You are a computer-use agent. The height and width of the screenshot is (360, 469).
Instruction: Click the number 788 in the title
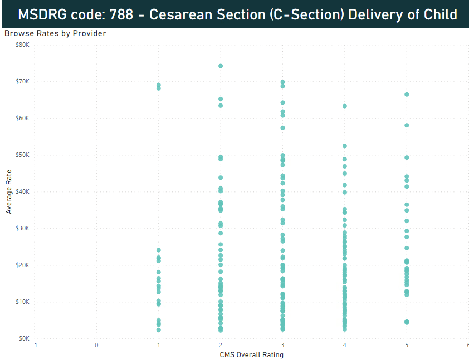click(x=121, y=14)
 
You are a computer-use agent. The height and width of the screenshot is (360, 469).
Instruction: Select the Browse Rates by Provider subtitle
click(x=55, y=33)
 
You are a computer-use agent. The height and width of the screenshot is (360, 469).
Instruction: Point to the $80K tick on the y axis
click(x=23, y=45)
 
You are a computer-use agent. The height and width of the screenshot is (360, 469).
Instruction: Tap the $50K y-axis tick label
click(x=23, y=155)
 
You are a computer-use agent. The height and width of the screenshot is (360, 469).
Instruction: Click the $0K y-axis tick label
click(x=24, y=338)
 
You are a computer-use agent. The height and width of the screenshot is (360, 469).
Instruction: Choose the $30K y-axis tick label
click(x=23, y=228)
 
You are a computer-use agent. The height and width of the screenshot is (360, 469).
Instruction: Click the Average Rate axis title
click(x=9, y=191)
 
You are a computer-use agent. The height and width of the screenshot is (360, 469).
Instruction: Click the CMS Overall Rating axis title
click(x=252, y=354)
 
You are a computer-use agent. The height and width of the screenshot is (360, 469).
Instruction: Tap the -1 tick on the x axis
click(x=35, y=346)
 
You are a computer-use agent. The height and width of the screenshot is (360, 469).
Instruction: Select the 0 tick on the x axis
click(x=97, y=346)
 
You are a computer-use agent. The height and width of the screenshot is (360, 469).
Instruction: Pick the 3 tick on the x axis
click(x=283, y=346)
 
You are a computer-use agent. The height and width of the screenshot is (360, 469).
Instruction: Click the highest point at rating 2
click(x=221, y=66)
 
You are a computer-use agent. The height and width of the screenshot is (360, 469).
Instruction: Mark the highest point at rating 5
click(x=407, y=95)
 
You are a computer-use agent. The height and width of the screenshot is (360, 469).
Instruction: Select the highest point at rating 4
click(x=345, y=106)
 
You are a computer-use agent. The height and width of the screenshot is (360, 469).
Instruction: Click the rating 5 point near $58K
click(x=407, y=125)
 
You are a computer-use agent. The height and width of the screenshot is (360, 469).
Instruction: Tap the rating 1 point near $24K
click(x=159, y=250)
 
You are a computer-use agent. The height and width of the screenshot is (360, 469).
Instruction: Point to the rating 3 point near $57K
click(x=282, y=128)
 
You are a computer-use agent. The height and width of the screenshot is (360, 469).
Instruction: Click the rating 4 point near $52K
click(x=345, y=146)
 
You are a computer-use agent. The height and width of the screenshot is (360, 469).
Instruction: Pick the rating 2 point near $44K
click(x=221, y=177)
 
